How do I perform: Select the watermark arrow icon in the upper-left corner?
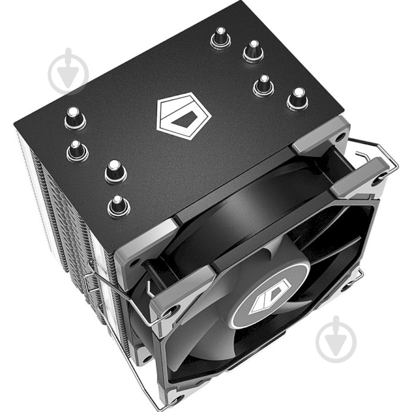[x=68, y=71]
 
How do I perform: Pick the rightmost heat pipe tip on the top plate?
[x=297, y=99]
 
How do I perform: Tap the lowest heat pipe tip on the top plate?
[x=118, y=205]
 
